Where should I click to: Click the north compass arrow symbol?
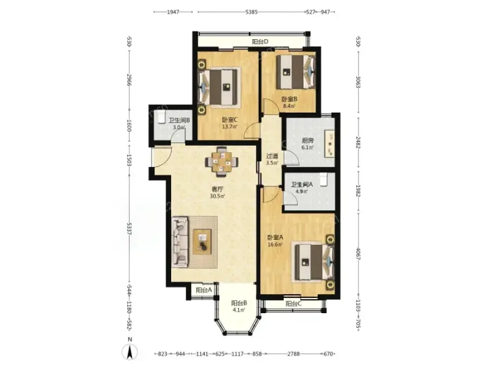130,352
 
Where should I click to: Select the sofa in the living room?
180,242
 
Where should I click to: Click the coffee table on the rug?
202,241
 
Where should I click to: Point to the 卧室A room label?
275,238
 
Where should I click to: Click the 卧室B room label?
290,99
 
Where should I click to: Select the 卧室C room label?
230,120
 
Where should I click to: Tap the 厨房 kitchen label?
308,140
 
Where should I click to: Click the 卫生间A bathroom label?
302,184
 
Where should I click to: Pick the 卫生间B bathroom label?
179,120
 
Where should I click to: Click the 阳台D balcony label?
260,41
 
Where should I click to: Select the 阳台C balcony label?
293,303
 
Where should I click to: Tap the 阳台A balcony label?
204,290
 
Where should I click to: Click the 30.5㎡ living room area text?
218,196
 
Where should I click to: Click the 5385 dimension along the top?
252,12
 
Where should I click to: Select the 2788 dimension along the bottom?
293,353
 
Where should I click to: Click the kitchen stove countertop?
330,145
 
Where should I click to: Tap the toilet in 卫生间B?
161,117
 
